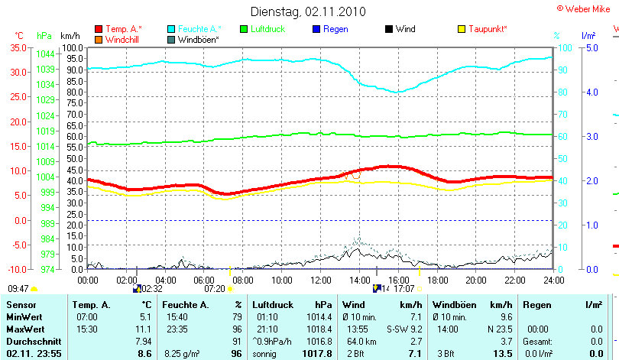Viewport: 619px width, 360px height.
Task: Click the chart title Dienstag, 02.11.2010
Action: point(308,11)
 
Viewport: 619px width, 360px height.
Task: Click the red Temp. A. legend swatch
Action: point(99,29)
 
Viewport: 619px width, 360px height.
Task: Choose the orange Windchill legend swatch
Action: point(99,39)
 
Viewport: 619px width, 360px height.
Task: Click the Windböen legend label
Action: point(199,39)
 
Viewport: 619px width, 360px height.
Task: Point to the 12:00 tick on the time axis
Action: point(320,280)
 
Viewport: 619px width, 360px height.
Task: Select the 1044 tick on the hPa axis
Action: point(45,54)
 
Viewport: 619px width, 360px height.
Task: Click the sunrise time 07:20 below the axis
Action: point(215,289)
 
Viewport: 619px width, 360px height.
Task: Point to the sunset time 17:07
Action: point(403,289)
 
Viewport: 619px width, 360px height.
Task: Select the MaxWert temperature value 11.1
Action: point(143,329)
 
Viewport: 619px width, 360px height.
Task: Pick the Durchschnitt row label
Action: point(31,341)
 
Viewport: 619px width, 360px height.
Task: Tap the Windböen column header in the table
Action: point(454,305)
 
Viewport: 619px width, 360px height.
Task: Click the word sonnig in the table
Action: point(266,354)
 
